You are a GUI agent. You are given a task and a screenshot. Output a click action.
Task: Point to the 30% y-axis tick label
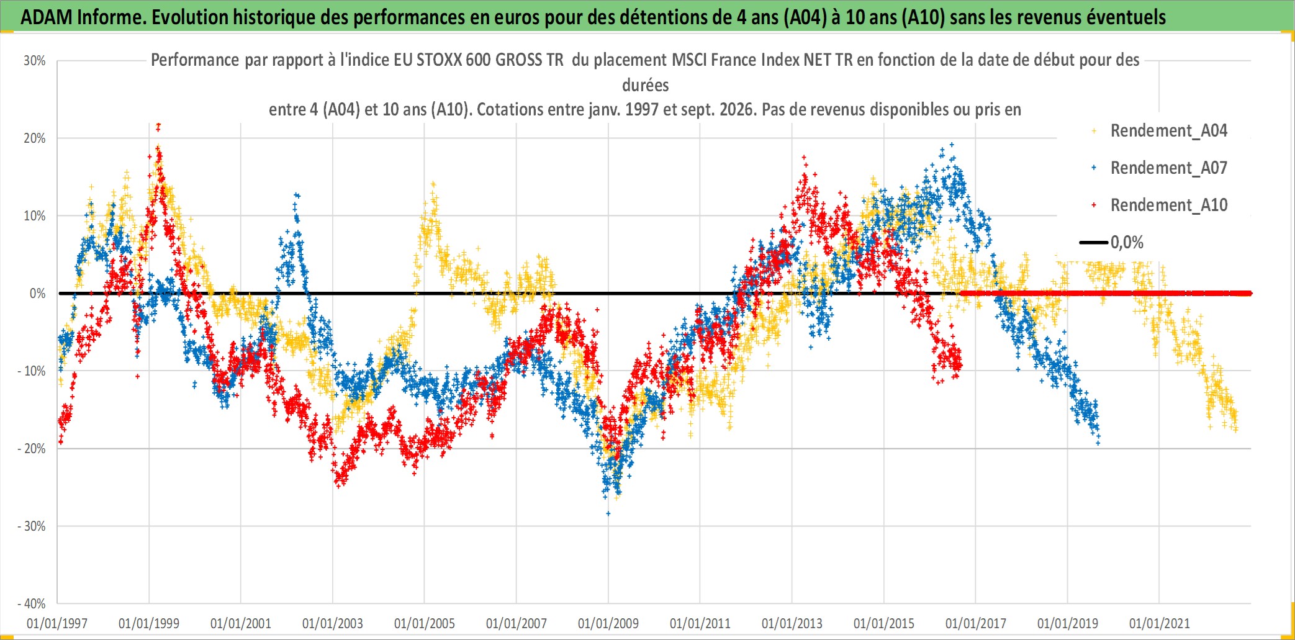click(35, 61)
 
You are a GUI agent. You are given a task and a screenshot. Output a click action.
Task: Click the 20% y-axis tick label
click(35, 138)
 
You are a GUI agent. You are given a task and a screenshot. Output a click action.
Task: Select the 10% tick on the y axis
click(35, 216)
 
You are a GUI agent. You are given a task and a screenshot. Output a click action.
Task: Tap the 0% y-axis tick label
click(38, 294)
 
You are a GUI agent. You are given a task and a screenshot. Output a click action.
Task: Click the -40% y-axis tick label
click(32, 603)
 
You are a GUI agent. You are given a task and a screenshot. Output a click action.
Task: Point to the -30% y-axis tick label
click(32, 526)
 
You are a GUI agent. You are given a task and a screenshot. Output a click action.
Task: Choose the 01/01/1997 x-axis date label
click(57, 623)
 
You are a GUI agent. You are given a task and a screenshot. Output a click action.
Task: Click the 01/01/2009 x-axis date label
click(608, 623)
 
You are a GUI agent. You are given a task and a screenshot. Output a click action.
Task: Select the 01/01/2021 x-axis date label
click(1160, 623)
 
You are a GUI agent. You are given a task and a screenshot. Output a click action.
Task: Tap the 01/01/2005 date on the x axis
click(425, 623)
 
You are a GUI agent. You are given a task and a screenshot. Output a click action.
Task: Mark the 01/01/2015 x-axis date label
click(884, 623)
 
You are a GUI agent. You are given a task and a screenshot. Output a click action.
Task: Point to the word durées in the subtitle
click(646, 85)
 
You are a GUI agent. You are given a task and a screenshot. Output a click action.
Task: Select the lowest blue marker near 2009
click(608, 513)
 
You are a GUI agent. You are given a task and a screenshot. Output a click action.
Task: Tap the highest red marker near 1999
click(159, 125)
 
